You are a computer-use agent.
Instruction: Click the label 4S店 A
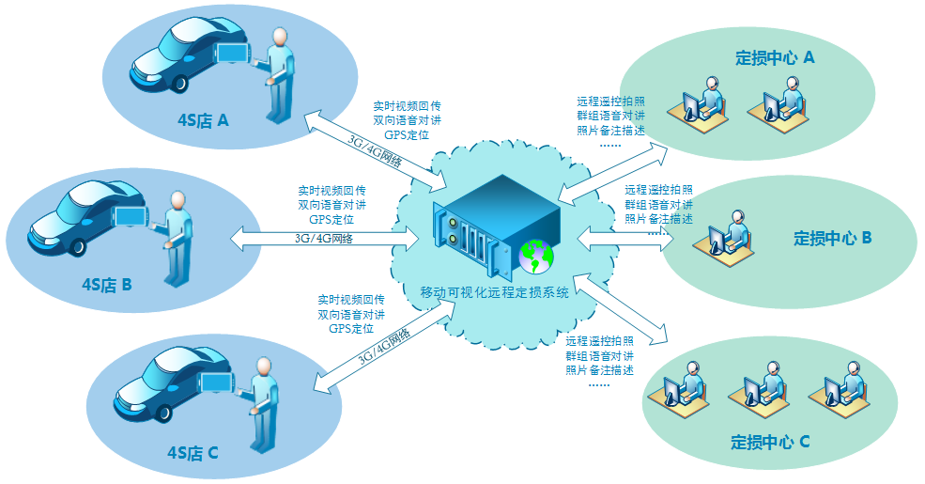click(204, 120)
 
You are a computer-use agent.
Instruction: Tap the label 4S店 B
click(106, 281)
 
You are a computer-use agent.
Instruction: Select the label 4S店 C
click(193, 453)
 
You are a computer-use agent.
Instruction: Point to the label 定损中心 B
click(833, 239)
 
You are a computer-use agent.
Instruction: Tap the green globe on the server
click(536, 254)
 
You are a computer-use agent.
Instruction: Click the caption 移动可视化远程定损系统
click(495, 292)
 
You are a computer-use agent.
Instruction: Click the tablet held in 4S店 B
click(131, 215)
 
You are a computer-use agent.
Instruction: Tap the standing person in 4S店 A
click(278, 75)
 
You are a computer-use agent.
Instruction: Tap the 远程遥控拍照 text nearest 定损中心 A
click(610, 101)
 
